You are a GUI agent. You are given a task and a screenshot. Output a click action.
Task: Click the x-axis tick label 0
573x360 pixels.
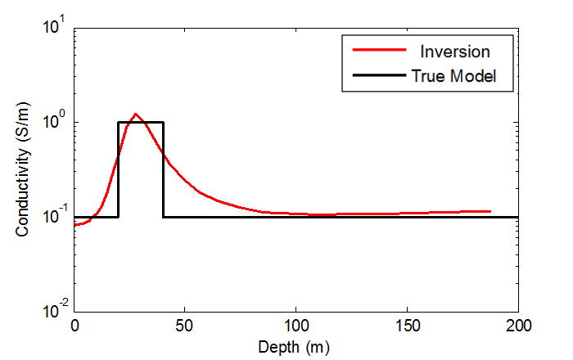(x=74, y=326)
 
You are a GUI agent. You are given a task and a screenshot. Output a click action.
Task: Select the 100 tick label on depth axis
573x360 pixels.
(x=296, y=326)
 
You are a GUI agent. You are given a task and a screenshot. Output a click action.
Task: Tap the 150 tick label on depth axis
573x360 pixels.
(x=407, y=326)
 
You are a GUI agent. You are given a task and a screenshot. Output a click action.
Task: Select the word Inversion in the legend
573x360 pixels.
(x=455, y=52)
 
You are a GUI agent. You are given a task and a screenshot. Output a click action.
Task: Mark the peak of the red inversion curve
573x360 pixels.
(x=136, y=115)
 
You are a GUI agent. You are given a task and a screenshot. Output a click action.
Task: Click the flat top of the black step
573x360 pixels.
(x=141, y=123)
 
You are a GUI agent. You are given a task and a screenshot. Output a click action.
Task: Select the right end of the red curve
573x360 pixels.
(x=490, y=211)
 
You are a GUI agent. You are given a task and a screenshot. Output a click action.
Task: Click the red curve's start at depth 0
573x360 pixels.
(x=75, y=224)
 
